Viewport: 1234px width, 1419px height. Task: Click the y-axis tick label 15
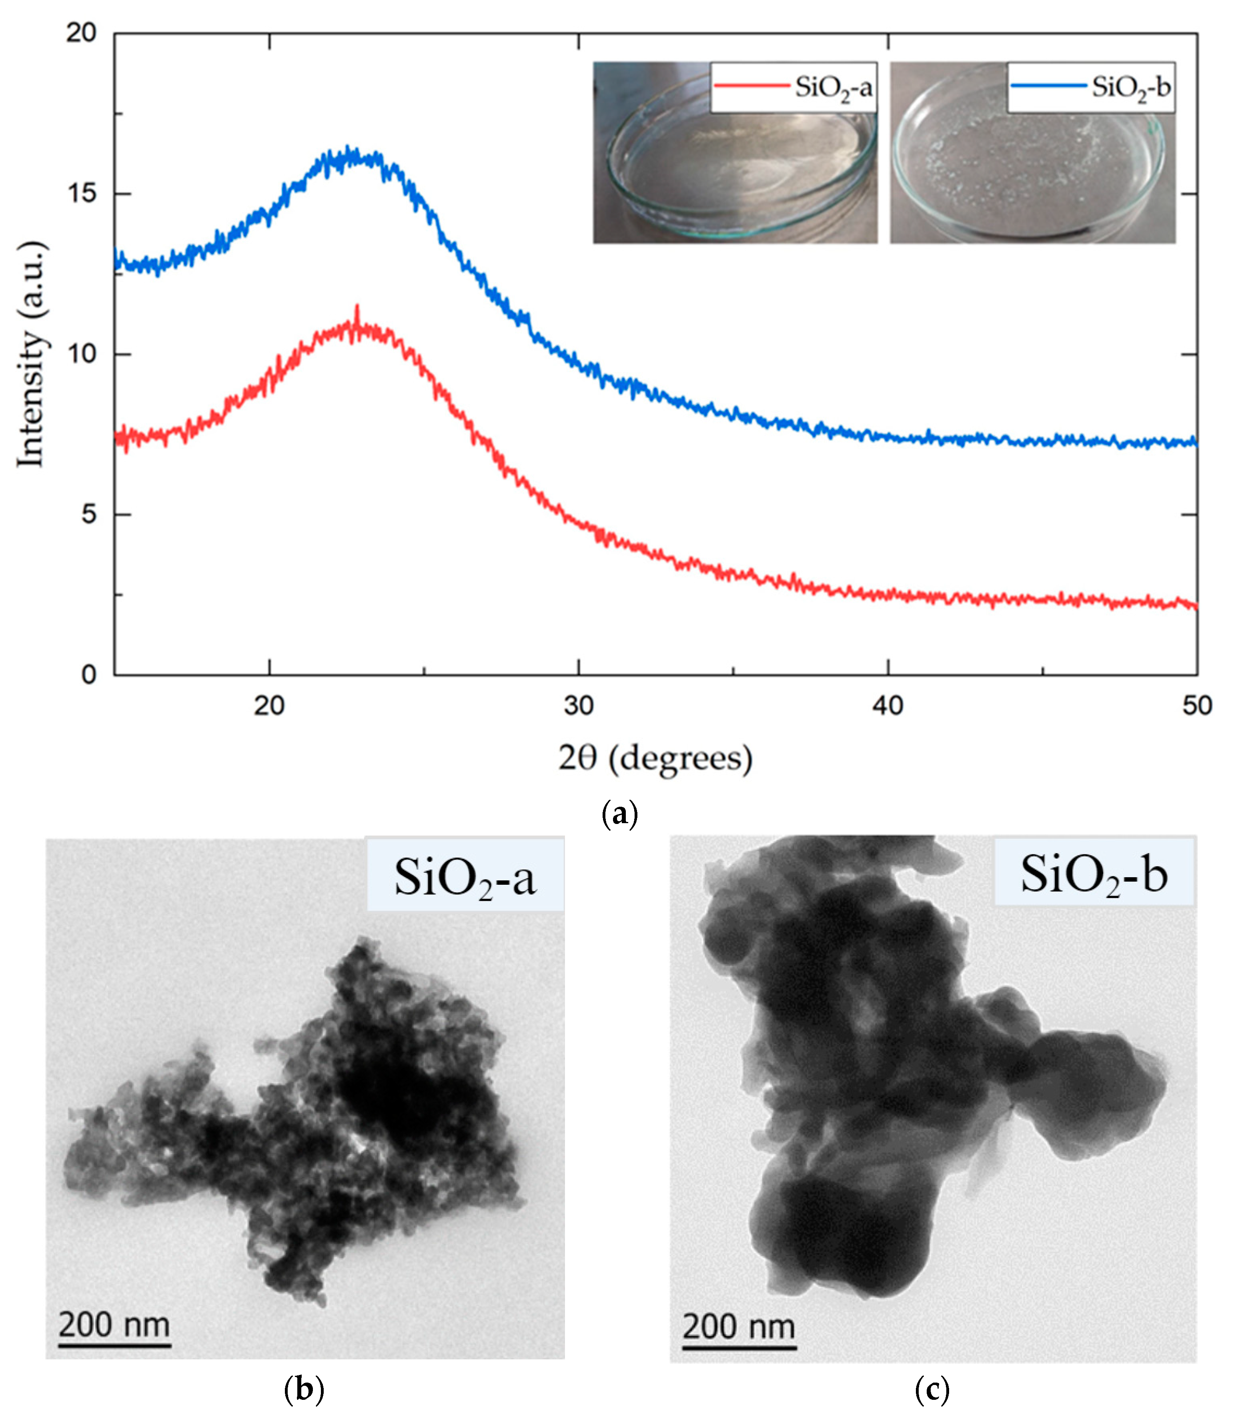pos(81,193)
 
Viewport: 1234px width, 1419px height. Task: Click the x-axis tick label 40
pos(887,706)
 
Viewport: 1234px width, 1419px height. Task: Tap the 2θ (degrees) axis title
pos(655,759)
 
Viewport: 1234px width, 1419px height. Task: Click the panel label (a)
pos(619,814)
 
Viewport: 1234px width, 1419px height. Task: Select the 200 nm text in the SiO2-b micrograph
pos(739,1326)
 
